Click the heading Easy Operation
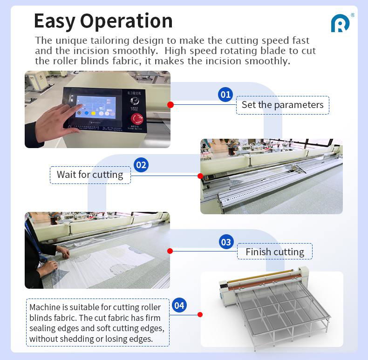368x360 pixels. [x=103, y=21]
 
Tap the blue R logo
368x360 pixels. [x=340, y=23]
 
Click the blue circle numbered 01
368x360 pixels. [x=225, y=95]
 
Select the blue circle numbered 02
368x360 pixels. [x=141, y=165]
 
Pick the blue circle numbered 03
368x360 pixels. [x=226, y=242]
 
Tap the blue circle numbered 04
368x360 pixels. [x=179, y=306]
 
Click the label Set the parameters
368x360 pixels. [x=282, y=105]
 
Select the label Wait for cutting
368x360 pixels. [x=90, y=175]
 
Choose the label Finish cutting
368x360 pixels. [x=275, y=252]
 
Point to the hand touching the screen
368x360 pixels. [x=56, y=121]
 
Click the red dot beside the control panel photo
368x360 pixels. [x=170, y=105]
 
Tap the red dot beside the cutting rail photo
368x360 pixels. [x=200, y=176]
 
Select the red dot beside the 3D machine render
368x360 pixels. [x=200, y=315]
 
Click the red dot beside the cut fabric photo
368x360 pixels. [x=170, y=251]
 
